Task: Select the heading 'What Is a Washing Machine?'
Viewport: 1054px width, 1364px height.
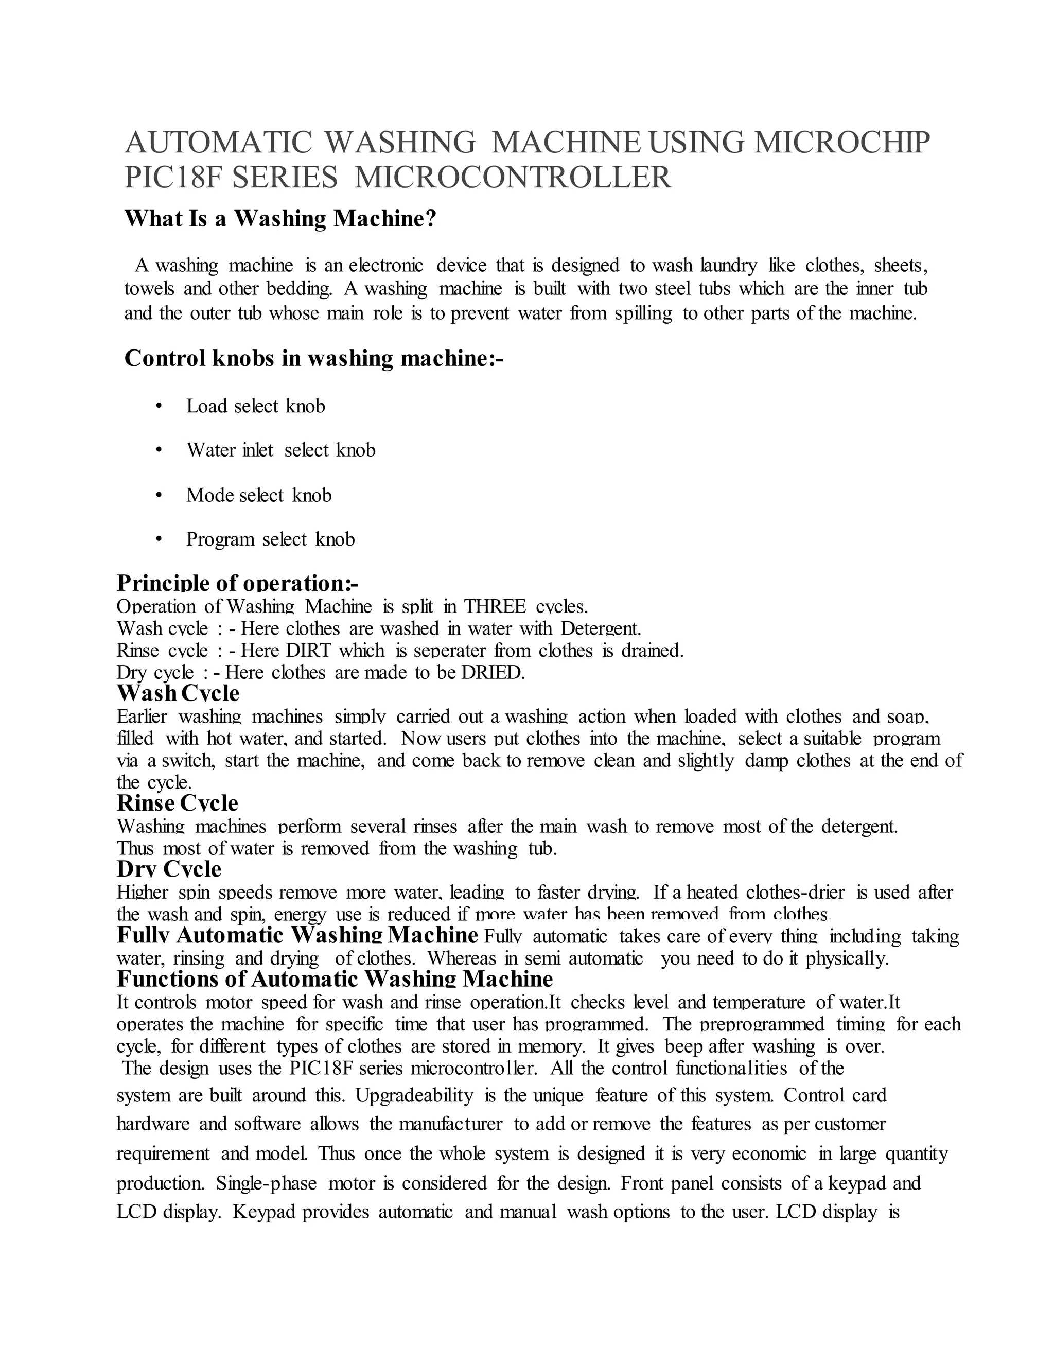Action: coord(280,219)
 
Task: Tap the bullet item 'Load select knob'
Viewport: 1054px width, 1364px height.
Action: coord(255,407)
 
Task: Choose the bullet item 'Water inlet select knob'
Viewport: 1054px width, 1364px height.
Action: coord(280,450)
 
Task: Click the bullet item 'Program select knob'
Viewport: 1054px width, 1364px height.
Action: coord(270,539)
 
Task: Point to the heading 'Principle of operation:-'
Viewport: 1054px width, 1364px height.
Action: coord(237,583)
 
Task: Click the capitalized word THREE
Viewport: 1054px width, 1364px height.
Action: coord(495,606)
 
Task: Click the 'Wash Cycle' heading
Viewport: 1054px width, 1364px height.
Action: coord(178,693)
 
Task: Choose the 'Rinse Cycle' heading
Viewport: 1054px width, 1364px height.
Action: coord(178,803)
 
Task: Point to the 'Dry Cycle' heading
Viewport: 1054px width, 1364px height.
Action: coord(169,869)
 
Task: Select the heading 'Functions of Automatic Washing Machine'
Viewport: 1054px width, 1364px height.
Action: coord(335,978)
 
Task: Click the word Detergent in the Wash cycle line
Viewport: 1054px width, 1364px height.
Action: coord(601,628)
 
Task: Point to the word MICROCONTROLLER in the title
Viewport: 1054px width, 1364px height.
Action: coord(513,178)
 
